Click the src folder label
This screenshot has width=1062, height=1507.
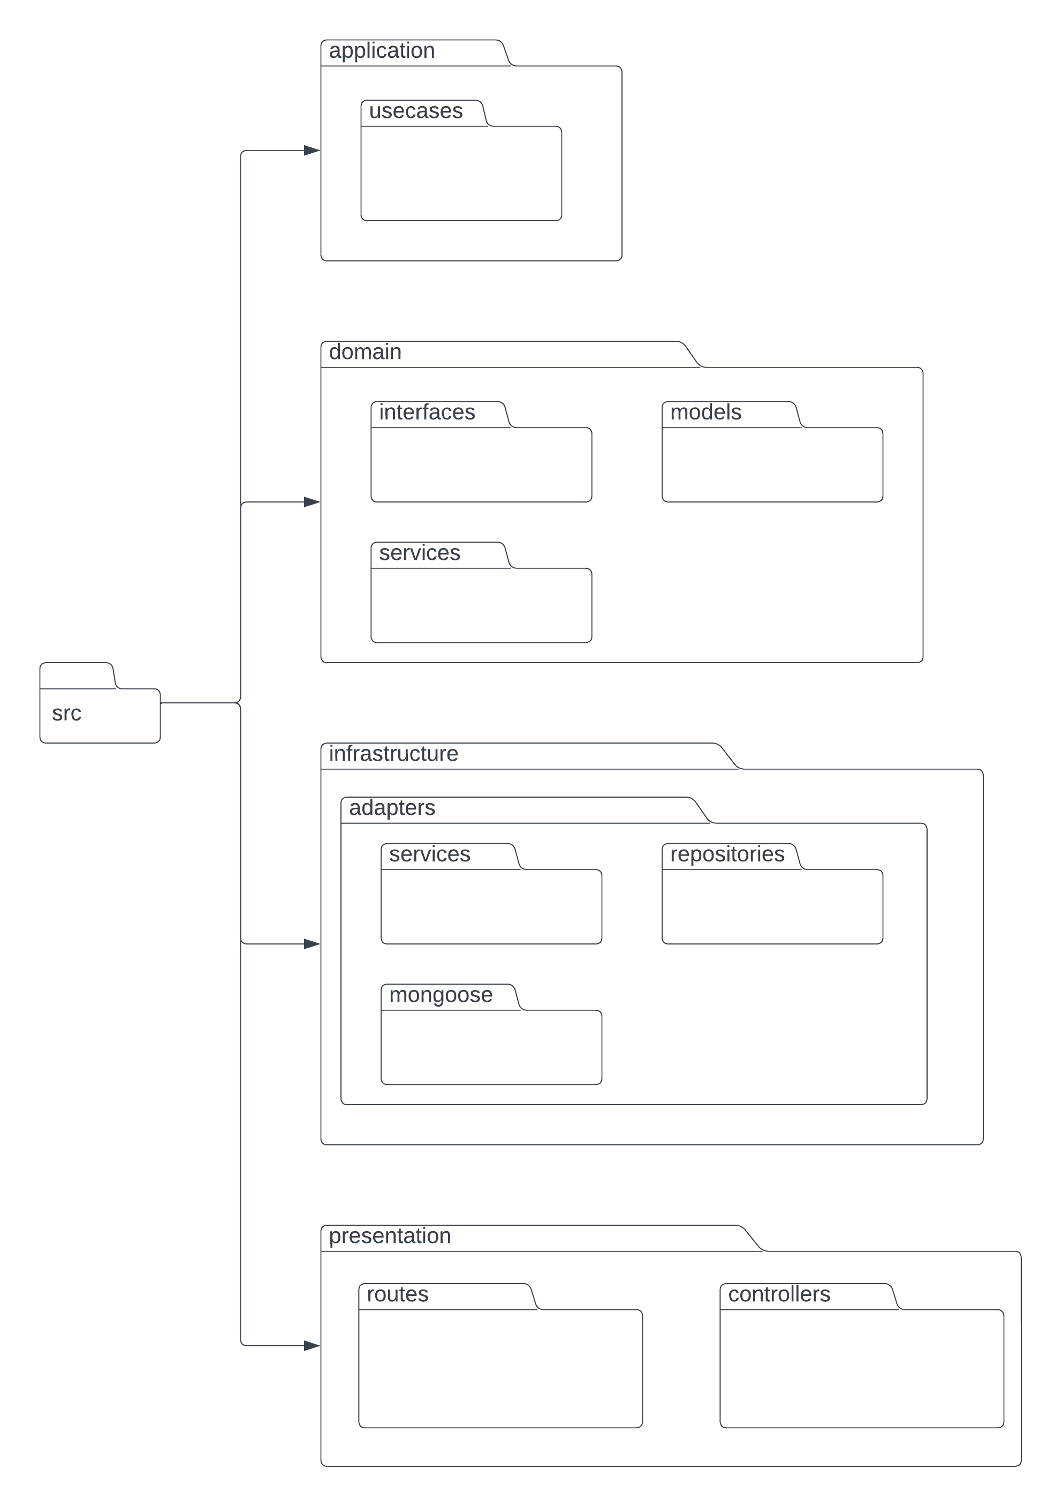[x=66, y=714]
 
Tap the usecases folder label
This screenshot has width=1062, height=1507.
[x=415, y=111]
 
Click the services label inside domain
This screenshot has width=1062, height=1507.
[x=419, y=553]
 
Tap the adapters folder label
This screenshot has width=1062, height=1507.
[x=392, y=808]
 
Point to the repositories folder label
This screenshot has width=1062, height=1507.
[x=727, y=854]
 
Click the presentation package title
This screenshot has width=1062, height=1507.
[x=390, y=1236]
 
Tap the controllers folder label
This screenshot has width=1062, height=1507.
[x=779, y=1294]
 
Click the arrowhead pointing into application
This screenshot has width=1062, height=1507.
[x=312, y=151]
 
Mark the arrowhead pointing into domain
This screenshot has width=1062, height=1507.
[x=312, y=502]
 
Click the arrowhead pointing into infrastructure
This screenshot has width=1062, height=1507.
[x=312, y=944]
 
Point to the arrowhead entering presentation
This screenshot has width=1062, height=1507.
[x=312, y=1346]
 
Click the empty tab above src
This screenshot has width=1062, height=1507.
[x=76, y=676]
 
